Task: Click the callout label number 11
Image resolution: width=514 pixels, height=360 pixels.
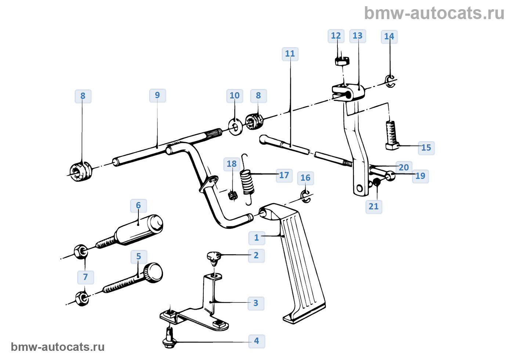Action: pyautogui.click(x=290, y=54)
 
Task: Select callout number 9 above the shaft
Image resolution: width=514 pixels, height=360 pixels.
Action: pyautogui.click(x=158, y=95)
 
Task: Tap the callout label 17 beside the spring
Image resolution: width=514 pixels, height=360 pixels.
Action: pyautogui.click(x=284, y=175)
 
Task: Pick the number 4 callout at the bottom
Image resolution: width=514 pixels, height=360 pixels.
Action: pyautogui.click(x=256, y=341)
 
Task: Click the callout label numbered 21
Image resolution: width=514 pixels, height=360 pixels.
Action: pyautogui.click(x=373, y=206)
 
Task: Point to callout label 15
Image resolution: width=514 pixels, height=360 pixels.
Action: pyautogui.click(x=426, y=148)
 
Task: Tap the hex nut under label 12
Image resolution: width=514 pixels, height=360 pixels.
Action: pyautogui.click(x=342, y=60)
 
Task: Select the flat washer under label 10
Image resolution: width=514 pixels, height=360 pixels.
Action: pyautogui.click(x=235, y=126)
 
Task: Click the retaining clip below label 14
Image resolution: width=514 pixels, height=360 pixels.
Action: pyautogui.click(x=390, y=81)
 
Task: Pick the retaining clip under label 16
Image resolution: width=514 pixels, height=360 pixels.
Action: pyautogui.click(x=305, y=196)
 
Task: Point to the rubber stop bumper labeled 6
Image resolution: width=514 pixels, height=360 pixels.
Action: pyautogui.click(x=140, y=231)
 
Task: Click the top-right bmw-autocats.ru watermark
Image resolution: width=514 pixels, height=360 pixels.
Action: pyautogui.click(x=434, y=13)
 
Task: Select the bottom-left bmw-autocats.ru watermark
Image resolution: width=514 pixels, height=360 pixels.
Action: pyautogui.click(x=58, y=347)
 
